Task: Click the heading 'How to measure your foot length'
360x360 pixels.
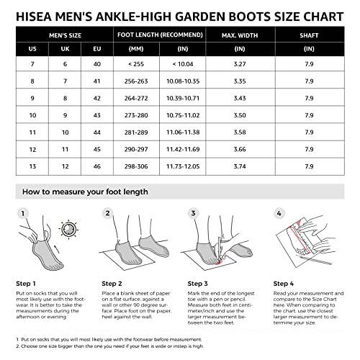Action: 85,192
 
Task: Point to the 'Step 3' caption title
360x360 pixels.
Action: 199,284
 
